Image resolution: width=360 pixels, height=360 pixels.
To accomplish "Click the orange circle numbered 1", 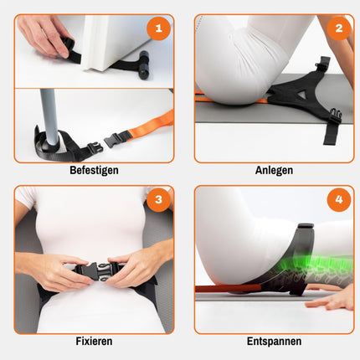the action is [158, 28].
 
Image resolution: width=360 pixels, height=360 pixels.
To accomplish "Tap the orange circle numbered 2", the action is [339, 28].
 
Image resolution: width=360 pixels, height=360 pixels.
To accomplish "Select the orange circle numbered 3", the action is [158, 199].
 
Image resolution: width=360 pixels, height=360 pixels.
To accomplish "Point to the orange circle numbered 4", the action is [339, 199].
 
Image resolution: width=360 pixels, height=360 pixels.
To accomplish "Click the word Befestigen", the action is [94, 170].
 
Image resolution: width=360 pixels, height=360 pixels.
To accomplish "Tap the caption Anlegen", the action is [274, 170].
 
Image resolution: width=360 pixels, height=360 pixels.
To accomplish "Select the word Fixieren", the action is [94, 341].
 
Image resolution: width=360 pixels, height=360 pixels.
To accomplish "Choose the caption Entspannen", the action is [274, 341].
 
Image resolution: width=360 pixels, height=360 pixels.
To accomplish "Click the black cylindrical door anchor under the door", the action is [145, 64].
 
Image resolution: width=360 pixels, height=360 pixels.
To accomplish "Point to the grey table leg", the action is [49, 117].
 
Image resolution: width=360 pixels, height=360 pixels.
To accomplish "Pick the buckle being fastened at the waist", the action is [95, 271].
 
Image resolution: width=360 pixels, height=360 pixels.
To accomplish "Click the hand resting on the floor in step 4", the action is [329, 301].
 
